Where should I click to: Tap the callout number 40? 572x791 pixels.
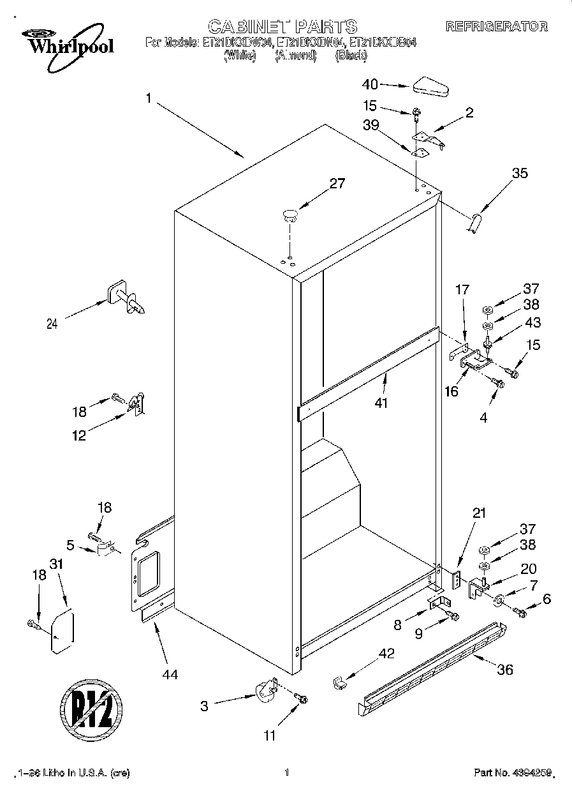pyautogui.click(x=370, y=84)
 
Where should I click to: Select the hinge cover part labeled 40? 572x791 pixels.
pyautogui.click(x=431, y=86)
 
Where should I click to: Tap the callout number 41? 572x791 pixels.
pyautogui.click(x=382, y=403)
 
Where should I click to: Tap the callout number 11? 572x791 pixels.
pyautogui.click(x=270, y=735)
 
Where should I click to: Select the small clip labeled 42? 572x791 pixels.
pyautogui.click(x=339, y=682)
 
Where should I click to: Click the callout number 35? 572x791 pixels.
pyautogui.click(x=520, y=172)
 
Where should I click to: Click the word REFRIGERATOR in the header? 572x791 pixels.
pyautogui.click(x=496, y=27)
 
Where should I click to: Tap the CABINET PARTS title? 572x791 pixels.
pyautogui.click(x=282, y=26)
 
